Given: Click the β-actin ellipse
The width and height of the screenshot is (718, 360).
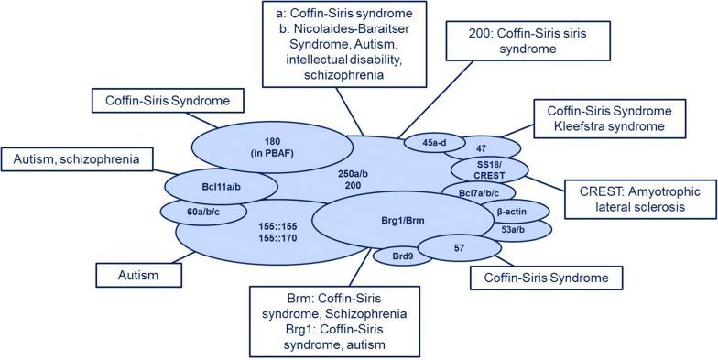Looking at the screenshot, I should pyautogui.click(x=511, y=212).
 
